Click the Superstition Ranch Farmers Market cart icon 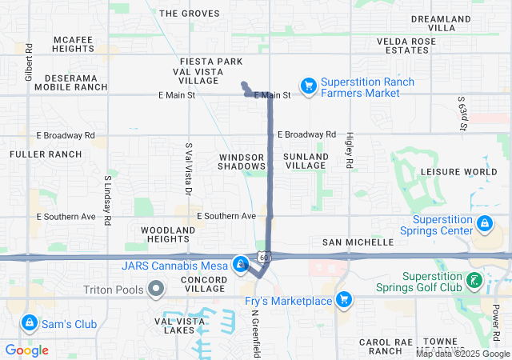click(x=308, y=85)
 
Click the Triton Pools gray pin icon click(x=157, y=288)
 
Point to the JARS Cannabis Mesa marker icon click(x=241, y=263)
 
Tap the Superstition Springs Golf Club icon click(x=475, y=280)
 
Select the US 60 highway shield click(x=263, y=257)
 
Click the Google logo click(x=27, y=350)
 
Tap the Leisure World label click(x=458, y=171)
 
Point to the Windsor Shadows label click(x=242, y=161)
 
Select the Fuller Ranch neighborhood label click(x=46, y=154)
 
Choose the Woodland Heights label click(x=168, y=234)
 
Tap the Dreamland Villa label click(x=444, y=22)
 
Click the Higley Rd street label click(x=350, y=150)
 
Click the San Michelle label click(x=358, y=242)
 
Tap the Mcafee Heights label click(x=74, y=44)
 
